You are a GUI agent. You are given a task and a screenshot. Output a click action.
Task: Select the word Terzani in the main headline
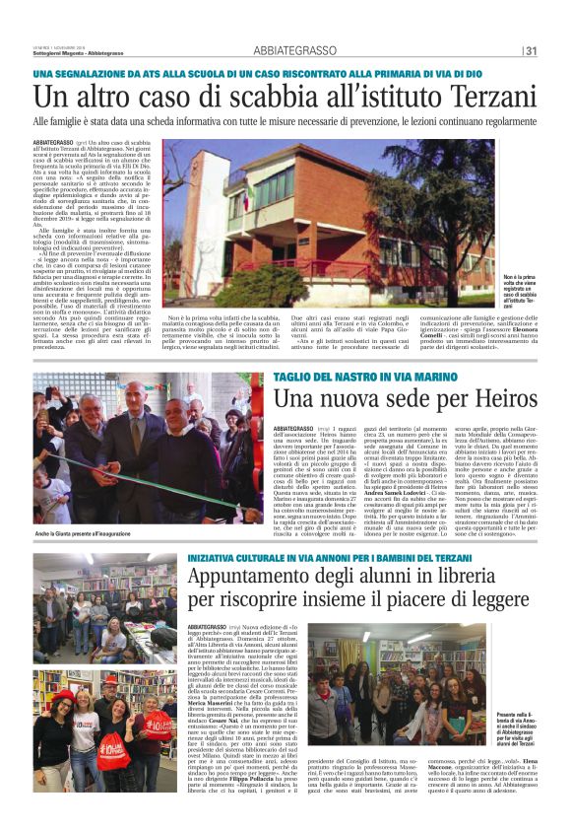pos(485,97)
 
